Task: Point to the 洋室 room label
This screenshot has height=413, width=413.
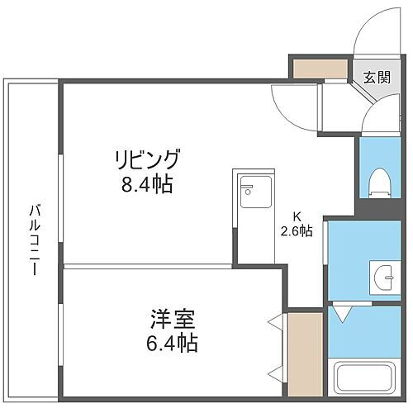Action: [x=169, y=317]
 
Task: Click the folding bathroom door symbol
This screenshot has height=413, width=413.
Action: [x=344, y=313]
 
